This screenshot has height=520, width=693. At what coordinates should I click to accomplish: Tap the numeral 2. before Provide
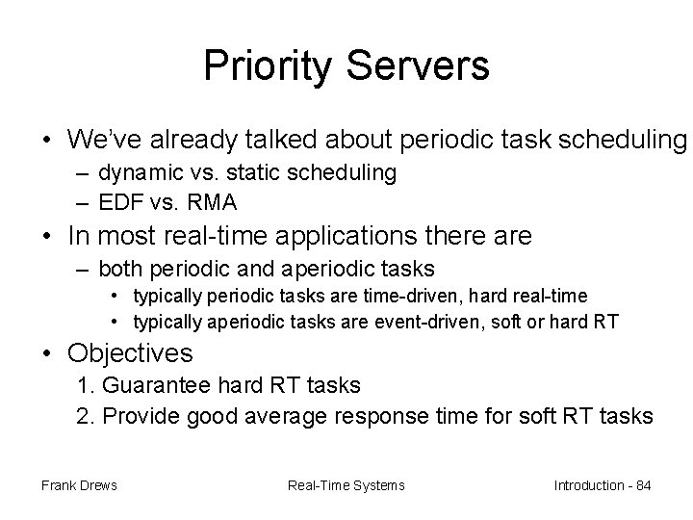pos(86,416)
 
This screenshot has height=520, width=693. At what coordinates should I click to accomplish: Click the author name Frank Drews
pos(79,485)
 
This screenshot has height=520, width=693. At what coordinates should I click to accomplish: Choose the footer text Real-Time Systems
pos(346,485)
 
